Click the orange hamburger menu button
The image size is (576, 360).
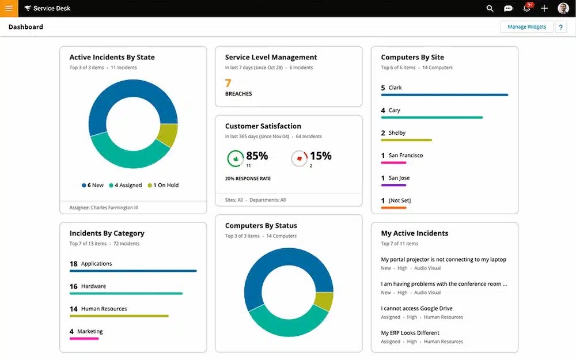pyautogui.click(x=9, y=9)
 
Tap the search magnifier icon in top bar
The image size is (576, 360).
pyautogui.click(x=490, y=9)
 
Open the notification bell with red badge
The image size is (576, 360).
pyautogui.click(x=526, y=9)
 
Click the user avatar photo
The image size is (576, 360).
pyautogui.click(x=563, y=9)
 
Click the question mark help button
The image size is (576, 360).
pyautogui.click(x=560, y=27)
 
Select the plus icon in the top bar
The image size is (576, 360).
pyautogui.click(x=544, y=9)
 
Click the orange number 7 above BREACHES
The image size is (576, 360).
pyautogui.click(x=228, y=83)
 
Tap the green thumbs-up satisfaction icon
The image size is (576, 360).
pyautogui.click(x=235, y=158)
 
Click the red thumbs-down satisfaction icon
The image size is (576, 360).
pyautogui.click(x=299, y=158)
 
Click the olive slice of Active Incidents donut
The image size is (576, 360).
pyautogui.click(x=166, y=135)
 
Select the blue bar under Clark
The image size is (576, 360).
pyautogui.click(x=444, y=95)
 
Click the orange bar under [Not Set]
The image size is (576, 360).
pyautogui.click(x=393, y=207)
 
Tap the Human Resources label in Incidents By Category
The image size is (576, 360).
pyautogui.click(x=104, y=309)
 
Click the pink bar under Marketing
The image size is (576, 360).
pyautogui.click(x=84, y=339)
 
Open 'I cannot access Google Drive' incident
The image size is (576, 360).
pyautogui.click(x=416, y=309)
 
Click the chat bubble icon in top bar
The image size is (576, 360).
pyautogui.click(x=508, y=9)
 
